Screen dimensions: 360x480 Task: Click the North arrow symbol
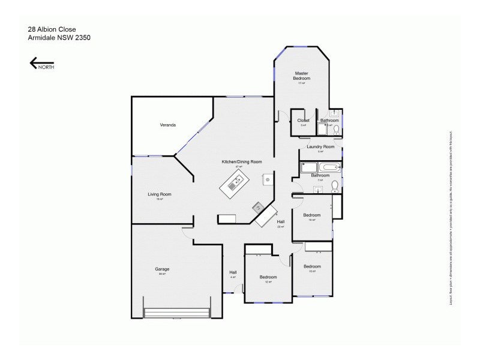[x=41, y=63]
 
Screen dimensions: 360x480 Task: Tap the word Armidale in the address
[x=41, y=37]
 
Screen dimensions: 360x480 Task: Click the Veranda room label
[x=167, y=125]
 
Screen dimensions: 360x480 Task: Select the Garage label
[x=162, y=269]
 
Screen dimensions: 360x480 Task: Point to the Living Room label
[x=160, y=194]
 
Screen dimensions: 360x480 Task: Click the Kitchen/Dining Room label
[x=242, y=162]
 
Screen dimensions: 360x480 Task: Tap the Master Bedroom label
[x=302, y=76]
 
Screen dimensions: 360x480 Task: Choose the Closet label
[x=304, y=120]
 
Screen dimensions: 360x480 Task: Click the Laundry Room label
[x=320, y=147]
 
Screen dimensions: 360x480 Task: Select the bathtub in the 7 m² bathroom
[x=329, y=167]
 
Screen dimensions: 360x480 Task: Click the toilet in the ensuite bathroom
[x=336, y=129]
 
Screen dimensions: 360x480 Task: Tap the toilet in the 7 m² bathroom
[x=334, y=187]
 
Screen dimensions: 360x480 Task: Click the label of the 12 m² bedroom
[x=268, y=277]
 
